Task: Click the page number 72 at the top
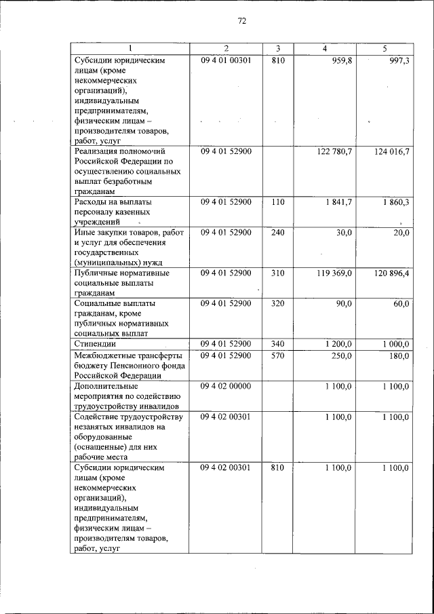click(241, 21)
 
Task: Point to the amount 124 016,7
click(391, 151)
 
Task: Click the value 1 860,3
click(395, 202)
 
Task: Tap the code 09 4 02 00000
click(226, 385)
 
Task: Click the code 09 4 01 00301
click(226, 60)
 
